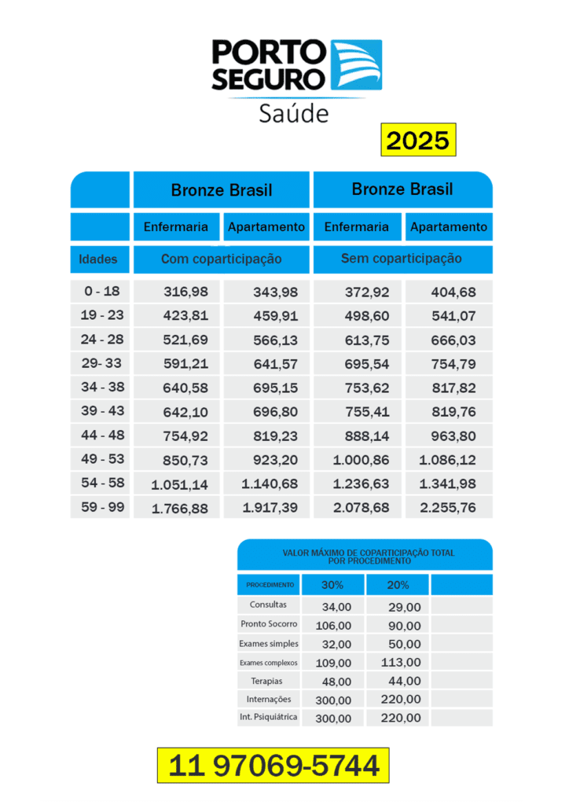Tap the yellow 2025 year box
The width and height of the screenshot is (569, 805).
pyautogui.click(x=418, y=141)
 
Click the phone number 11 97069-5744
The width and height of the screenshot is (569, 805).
pyautogui.click(x=273, y=765)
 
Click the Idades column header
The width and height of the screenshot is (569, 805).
pyautogui.click(x=98, y=259)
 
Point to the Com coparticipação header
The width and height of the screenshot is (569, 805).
pyautogui.click(x=222, y=259)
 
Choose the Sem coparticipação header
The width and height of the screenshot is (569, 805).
pyautogui.click(x=402, y=259)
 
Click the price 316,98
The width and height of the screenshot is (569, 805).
pyautogui.click(x=186, y=292)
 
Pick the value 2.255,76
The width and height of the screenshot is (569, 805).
pyautogui.click(x=448, y=508)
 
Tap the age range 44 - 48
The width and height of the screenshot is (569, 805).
pyautogui.click(x=103, y=436)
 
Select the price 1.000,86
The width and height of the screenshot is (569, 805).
pyautogui.click(x=360, y=460)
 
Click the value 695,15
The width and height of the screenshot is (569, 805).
pyautogui.click(x=275, y=388)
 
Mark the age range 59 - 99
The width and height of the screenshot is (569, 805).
pyautogui.click(x=103, y=508)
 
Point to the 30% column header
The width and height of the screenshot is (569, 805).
pyautogui.click(x=333, y=585)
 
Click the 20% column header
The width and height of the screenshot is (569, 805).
pyautogui.click(x=398, y=585)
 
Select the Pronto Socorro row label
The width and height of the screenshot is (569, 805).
pyautogui.click(x=269, y=624)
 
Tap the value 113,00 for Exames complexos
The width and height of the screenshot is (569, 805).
pyautogui.click(x=401, y=662)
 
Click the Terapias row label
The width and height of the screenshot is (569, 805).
pyautogui.click(x=266, y=681)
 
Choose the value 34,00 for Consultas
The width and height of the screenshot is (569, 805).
pyautogui.click(x=336, y=607)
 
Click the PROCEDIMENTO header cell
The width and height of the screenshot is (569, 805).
pyautogui.click(x=270, y=585)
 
